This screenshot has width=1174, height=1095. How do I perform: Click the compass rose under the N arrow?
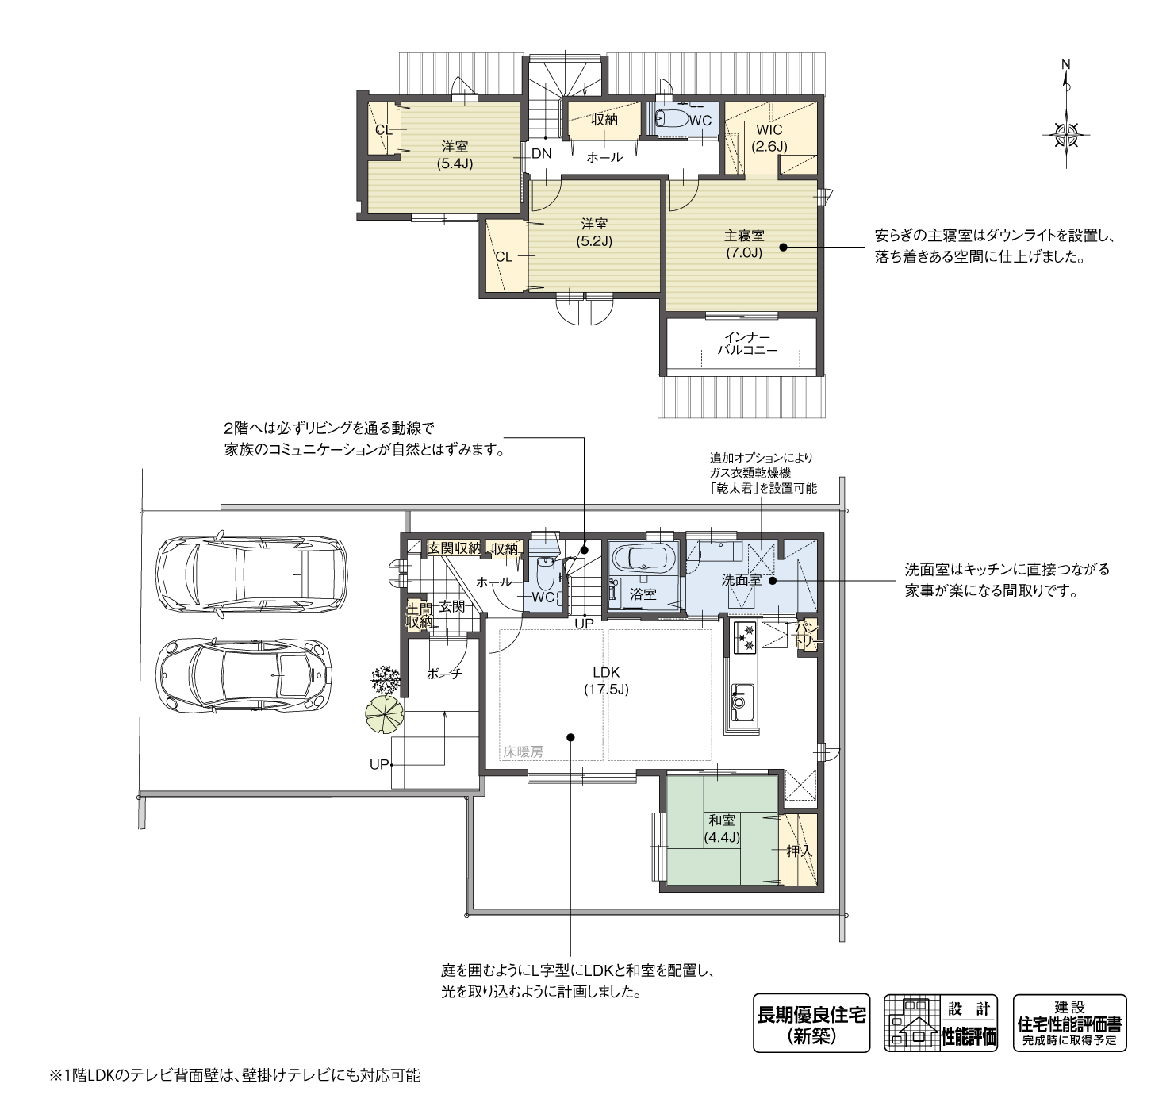coord(1066,136)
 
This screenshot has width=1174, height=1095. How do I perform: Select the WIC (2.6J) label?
coord(769,138)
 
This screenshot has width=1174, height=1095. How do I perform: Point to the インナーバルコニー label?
coord(747,343)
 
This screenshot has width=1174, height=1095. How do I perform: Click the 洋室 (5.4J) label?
coord(455,155)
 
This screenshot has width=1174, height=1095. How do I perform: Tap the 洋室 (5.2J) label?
coord(594,232)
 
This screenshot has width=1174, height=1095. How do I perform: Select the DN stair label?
coord(541,154)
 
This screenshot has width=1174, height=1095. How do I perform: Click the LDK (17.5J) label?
coord(606,680)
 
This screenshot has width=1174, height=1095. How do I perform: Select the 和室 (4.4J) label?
coord(722,829)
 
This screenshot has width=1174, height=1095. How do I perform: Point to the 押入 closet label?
coord(800,851)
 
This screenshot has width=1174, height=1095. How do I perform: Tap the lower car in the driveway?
coord(244,674)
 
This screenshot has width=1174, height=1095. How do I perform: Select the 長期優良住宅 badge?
coord(811,1023)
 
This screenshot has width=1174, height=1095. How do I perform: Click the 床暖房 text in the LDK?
coord(524,752)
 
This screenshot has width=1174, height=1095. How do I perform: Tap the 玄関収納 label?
coord(454,547)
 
